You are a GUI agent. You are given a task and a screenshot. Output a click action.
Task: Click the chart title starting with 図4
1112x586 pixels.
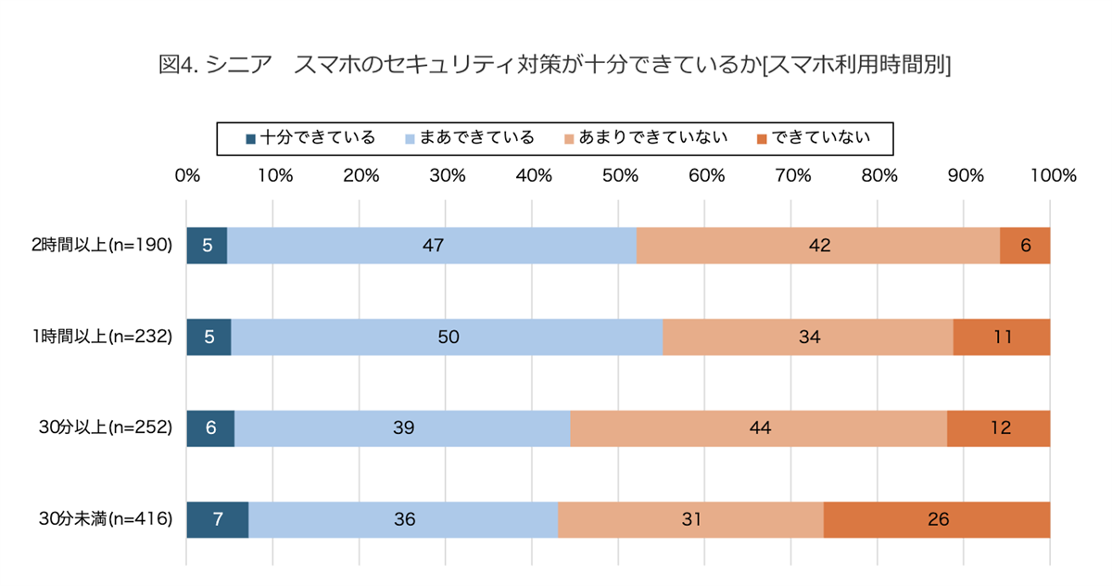coord(555,65)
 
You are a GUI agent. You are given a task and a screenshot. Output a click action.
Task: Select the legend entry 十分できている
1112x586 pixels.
coord(310,138)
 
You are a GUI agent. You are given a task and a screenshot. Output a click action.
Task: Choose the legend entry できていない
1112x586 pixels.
coord(813,138)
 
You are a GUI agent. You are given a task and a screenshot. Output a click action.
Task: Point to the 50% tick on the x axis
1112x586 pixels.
coord(619,175)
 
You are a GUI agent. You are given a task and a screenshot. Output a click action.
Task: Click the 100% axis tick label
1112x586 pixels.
coord(1051,175)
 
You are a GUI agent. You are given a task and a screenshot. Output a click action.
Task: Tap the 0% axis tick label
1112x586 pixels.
coord(187,175)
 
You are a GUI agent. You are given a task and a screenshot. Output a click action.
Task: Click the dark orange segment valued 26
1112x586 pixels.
coord(937,519)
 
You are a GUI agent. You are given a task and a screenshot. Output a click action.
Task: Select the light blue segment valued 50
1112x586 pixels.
coord(447,338)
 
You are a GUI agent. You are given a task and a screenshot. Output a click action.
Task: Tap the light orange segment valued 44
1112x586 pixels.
coord(758,428)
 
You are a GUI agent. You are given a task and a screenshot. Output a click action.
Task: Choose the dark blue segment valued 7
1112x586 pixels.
coord(217,519)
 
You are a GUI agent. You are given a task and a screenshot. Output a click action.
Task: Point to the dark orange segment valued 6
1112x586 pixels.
coord(1025,246)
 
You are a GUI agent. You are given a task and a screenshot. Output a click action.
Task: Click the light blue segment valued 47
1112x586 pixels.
coord(432,246)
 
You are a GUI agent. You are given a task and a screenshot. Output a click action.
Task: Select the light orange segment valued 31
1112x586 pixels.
coord(690,519)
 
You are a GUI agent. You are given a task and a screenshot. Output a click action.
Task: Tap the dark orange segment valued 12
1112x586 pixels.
coord(998,428)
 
